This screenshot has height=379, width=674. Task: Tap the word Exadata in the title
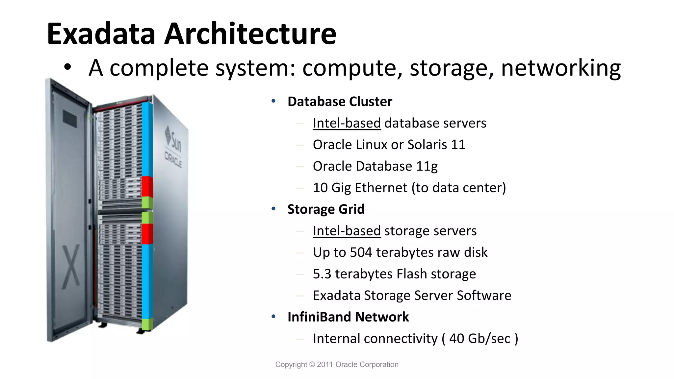coord(101,34)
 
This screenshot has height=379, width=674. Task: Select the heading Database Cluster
coord(340,102)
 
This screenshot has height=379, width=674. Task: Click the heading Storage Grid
coord(326,209)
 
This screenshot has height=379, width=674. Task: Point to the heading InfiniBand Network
coord(348,317)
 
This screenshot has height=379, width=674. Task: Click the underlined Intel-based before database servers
coord(347,123)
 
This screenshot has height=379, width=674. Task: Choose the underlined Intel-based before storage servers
coord(347,231)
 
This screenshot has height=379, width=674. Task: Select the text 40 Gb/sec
coord(480,339)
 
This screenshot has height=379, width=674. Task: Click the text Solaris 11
coord(436,145)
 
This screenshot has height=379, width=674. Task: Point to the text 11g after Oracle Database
coord(427,166)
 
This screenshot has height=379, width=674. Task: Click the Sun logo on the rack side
coord(173,140)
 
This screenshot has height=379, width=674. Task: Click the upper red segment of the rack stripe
coord(147,186)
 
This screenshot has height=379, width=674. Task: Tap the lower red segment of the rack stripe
coord(147,234)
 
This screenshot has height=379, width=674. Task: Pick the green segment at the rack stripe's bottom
coord(147,324)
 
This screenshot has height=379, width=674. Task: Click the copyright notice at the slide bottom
coord(337,365)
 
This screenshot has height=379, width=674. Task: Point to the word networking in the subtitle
coord(561,68)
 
